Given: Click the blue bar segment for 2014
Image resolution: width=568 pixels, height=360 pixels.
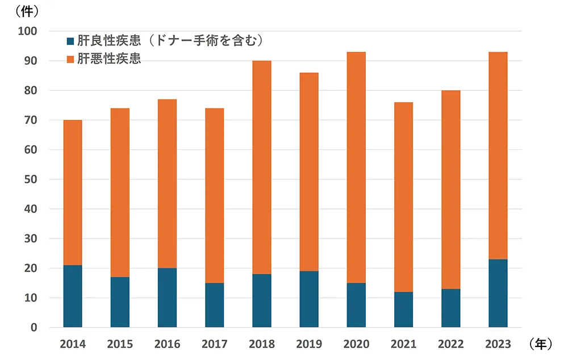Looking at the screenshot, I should click(73, 296).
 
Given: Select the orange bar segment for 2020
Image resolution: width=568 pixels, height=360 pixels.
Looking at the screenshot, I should click(356, 168).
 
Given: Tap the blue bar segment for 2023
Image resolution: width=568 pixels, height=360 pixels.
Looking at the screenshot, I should click(498, 293).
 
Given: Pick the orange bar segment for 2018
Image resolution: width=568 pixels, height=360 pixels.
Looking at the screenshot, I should click(262, 168).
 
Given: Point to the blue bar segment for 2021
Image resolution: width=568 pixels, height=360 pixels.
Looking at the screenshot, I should click(403, 309).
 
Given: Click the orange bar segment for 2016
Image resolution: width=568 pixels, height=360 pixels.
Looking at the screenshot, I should click(167, 184).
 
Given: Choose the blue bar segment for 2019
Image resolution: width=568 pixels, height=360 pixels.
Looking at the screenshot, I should click(309, 299).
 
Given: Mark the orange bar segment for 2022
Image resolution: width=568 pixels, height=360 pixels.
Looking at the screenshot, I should click(450, 190).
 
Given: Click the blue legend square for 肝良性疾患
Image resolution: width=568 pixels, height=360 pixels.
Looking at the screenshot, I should click(70, 41).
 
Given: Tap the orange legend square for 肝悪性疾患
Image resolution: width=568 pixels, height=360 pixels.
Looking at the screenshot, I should click(70, 59).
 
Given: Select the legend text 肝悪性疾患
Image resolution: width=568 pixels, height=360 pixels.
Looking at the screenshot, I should click(109, 59).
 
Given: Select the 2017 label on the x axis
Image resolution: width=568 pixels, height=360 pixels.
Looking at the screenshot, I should click(214, 344).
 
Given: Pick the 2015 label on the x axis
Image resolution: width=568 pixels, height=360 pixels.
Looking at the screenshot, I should click(120, 344).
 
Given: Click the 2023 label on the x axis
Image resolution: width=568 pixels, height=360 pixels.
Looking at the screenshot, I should click(498, 344).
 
